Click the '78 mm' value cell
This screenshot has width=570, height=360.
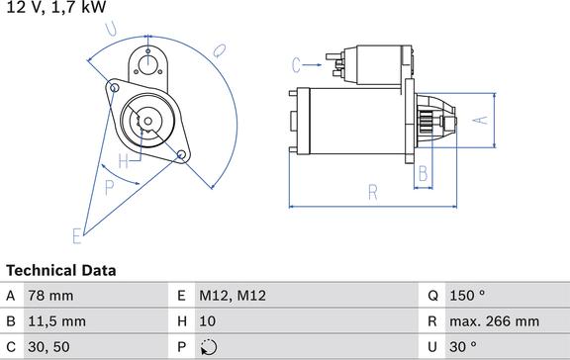50,296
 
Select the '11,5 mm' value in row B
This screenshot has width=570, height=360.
57,321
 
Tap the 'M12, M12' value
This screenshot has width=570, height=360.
233,296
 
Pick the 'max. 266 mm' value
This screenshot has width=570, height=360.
495,321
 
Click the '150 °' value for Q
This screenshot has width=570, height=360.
467,296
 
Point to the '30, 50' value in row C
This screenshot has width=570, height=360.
48,347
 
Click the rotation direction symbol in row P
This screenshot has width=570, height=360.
209,347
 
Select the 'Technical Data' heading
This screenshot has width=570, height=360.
61,271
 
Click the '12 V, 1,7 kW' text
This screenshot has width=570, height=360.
56,7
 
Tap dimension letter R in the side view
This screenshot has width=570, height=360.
373,192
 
